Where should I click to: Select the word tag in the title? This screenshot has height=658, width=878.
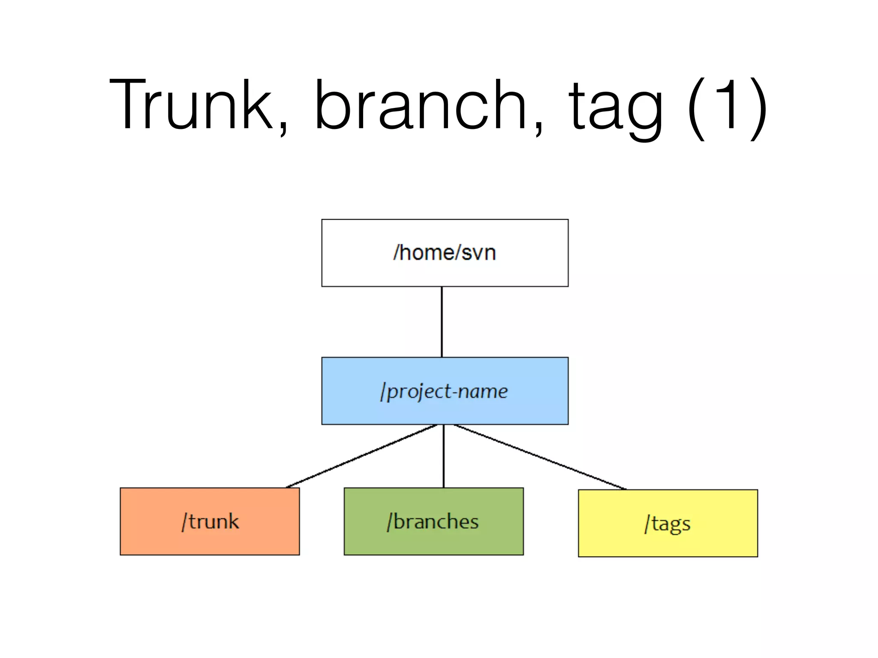tap(616, 107)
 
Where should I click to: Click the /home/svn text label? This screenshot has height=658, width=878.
tap(445, 252)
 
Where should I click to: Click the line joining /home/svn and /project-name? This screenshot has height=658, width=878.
tap(442, 321)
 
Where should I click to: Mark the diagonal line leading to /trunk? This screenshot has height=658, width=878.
tap(361, 456)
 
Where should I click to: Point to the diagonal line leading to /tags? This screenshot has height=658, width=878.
tap(540, 457)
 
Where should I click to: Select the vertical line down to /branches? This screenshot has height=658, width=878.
tap(444, 456)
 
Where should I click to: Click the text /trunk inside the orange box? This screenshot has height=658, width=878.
tap(210, 521)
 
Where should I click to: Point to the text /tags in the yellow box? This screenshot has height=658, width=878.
tap(668, 523)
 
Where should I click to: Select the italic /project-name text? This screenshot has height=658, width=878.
tap(444, 391)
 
